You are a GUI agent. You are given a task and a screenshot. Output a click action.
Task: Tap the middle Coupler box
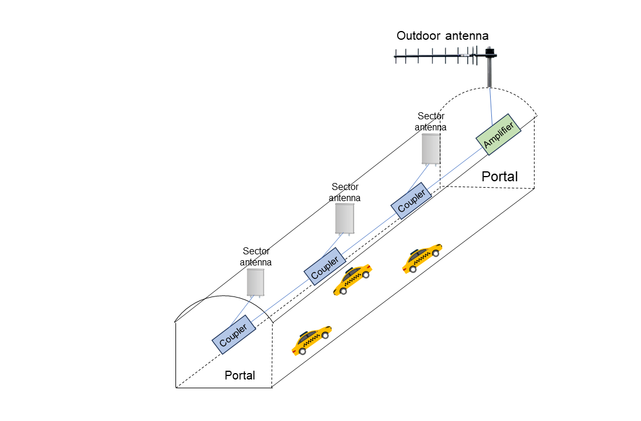point(322,267)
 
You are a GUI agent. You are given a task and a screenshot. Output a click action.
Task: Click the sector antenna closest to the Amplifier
point(431,149)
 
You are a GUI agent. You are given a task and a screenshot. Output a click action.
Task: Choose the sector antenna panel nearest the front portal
point(256,281)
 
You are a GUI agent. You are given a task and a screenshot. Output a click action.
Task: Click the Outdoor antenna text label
point(442,36)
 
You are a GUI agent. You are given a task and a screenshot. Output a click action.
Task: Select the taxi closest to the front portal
point(311,340)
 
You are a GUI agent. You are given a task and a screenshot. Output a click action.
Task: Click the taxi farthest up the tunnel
point(422,258)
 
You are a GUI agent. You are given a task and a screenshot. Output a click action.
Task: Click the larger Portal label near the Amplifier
point(500,176)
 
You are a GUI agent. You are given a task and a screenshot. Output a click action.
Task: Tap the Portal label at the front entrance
point(240,375)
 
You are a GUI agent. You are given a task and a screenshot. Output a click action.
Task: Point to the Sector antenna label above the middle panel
point(344,192)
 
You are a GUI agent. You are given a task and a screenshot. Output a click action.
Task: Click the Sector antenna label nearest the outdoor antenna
point(431,122)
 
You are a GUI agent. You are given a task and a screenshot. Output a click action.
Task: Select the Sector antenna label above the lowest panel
point(256,257)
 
